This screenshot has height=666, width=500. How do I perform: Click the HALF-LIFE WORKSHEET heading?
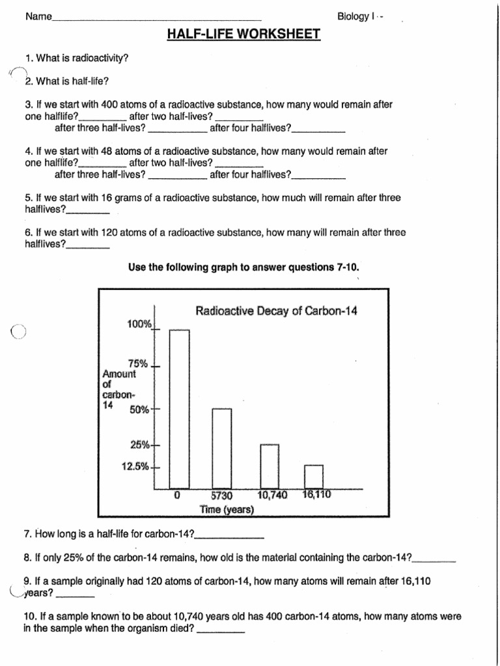tap(244, 34)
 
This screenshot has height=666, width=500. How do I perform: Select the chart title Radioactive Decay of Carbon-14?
tap(277, 311)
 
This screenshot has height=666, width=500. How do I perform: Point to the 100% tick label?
tap(139, 324)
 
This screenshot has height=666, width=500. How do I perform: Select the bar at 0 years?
tap(180, 409)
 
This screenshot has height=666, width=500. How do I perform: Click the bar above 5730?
tap(221, 449)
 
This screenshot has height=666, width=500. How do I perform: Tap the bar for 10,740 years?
tap(270, 466)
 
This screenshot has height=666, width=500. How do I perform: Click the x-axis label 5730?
tap(221, 496)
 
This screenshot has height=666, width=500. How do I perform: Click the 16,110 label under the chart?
tap(317, 495)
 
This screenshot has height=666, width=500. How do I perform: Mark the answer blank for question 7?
tap(229, 537)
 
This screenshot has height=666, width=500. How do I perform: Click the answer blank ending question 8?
tap(434, 560)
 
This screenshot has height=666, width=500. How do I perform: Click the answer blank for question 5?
tap(88, 212)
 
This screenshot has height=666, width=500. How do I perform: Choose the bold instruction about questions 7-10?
tap(243, 267)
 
